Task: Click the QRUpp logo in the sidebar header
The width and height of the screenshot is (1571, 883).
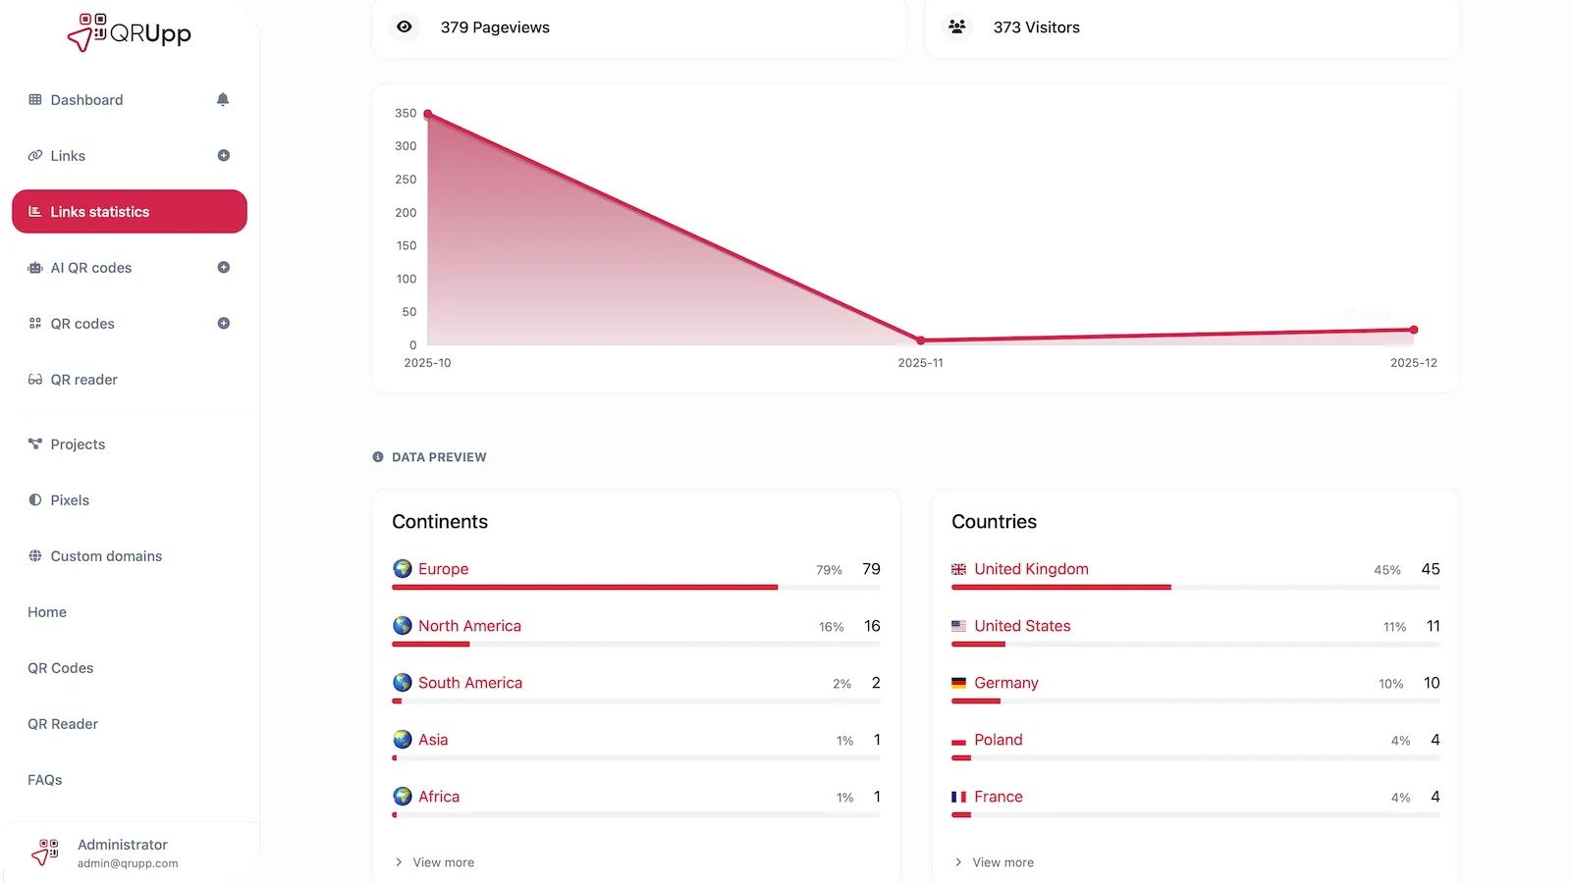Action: pyautogui.click(x=129, y=32)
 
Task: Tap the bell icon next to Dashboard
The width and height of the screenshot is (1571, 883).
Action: pyautogui.click(x=223, y=99)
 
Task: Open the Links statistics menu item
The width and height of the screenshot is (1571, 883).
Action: pyautogui.click(x=129, y=212)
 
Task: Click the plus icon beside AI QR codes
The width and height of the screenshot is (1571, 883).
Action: pyautogui.click(x=224, y=268)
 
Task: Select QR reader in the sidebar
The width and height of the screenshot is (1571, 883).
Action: pyautogui.click(x=83, y=380)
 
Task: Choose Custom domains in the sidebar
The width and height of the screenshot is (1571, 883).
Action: pyautogui.click(x=106, y=556)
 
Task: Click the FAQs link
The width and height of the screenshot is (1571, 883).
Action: pyautogui.click(x=45, y=780)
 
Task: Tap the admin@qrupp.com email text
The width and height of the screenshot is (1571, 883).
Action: pyautogui.click(x=128, y=863)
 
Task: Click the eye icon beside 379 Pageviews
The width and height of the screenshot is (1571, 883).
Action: pyautogui.click(x=405, y=27)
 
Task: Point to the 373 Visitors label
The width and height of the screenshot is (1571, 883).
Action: pyautogui.click(x=1036, y=27)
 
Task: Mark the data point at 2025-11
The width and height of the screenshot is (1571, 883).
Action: pyautogui.click(x=920, y=340)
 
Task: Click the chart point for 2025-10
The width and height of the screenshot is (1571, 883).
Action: pyautogui.click(x=428, y=115)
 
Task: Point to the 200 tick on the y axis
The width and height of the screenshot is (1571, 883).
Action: pyautogui.click(x=406, y=213)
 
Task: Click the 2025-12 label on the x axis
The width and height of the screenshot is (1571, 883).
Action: pyautogui.click(x=1413, y=363)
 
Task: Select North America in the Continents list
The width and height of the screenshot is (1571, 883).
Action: pyautogui.click(x=469, y=626)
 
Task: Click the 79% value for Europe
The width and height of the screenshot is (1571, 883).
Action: pyautogui.click(x=829, y=570)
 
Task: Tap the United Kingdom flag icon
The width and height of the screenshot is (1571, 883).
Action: pyautogui.click(x=959, y=569)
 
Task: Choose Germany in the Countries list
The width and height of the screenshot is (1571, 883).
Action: pyautogui.click(x=1005, y=683)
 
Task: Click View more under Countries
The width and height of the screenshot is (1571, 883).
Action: pyautogui.click(x=1002, y=862)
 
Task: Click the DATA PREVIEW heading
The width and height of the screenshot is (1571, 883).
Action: pyautogui.click(x=439, y=457)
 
